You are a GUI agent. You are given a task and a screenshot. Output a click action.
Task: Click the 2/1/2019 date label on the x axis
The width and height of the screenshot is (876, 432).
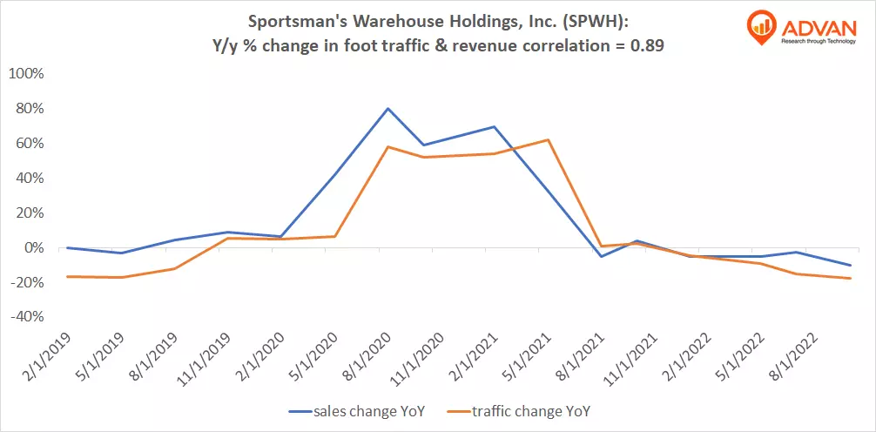pyautogui.click(x=46, y=356)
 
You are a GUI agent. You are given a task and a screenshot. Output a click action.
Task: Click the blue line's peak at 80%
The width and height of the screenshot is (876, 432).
pyautogui.click(x=387, y=109)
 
